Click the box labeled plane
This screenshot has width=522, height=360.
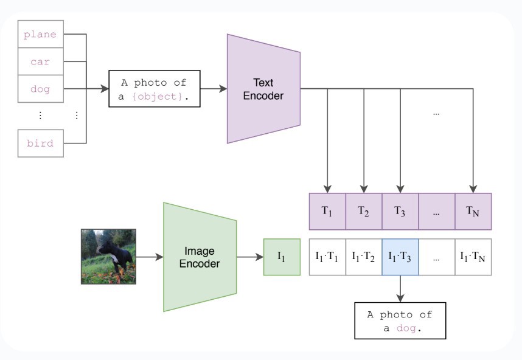click(x=40, y=35)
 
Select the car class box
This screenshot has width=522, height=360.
click(x=40, y=62)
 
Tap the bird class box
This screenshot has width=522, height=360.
click(x=40, y=144)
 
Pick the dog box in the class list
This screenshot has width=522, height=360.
click(x=40, y=89)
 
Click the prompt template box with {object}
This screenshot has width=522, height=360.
click(x=155, y=89)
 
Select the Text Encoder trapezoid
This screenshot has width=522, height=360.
click(x=263, y=89)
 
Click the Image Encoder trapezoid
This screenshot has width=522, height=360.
click(x=200, y=257)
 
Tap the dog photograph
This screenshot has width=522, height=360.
click(x=108, y=256)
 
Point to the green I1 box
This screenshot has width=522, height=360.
click(x=282, y=257)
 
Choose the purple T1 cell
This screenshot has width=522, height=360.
click(x=327, y=211)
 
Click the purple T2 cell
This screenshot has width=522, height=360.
click(x=364, y=211)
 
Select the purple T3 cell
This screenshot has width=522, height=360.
click(x=400, y=211)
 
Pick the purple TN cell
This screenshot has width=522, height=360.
click(x=473, y=211)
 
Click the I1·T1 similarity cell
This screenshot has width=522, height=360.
click(x=327, y=257)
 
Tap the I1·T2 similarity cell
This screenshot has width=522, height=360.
click(x=364, y=257)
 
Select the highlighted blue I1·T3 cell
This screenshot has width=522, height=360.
click(x=400, y=257)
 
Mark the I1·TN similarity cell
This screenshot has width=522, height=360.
click(x=473, y=257)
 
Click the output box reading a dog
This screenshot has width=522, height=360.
click(x=400, y=320)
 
